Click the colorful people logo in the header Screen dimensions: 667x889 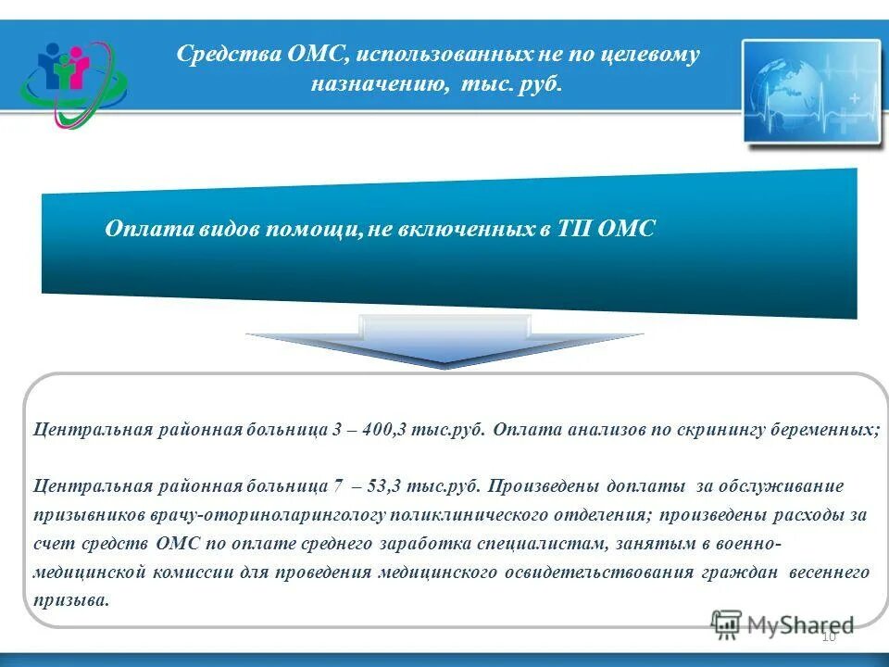(74, 82)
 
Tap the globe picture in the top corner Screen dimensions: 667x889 (811, 90)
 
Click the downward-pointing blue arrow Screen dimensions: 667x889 (444, 343)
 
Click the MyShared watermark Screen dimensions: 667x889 (783, 625)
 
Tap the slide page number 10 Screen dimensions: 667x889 (828, 636)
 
